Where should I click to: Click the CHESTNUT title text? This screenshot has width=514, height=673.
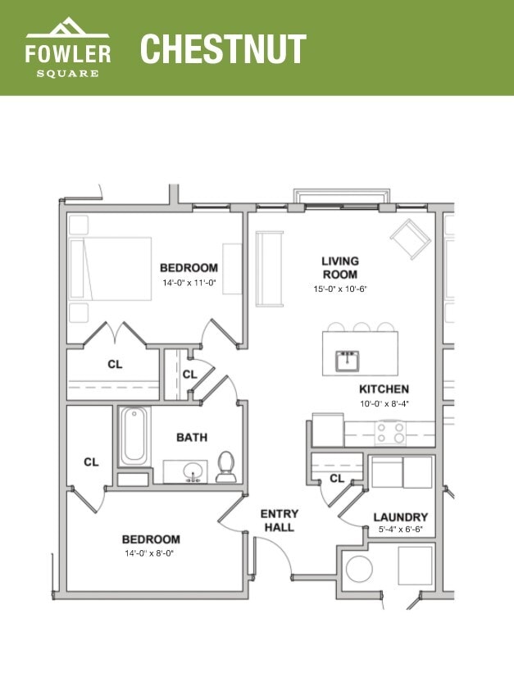coord(223,48)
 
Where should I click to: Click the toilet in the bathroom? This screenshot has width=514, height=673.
coord(226,467)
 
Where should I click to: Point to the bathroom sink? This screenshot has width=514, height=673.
coord(194,472)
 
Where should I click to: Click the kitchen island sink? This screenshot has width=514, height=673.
coord(348,360)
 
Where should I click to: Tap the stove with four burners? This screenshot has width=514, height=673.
coord(390,432)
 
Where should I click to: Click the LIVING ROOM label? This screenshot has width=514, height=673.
coord(339,267)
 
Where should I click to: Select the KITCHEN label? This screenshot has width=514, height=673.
coord(384,389)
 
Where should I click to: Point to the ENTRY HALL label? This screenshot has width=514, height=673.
coord(280,521)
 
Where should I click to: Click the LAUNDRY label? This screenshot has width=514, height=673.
coord(400,517)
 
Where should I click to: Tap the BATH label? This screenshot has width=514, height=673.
coord(192,437)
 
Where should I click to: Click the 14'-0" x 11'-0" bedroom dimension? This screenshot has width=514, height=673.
coord(189,283)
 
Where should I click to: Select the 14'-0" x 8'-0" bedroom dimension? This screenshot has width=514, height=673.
coord(151,553)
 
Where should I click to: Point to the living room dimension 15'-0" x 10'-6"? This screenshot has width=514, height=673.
coord(339,289)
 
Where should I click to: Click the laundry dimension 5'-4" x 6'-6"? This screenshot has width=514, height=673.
coord(400,531)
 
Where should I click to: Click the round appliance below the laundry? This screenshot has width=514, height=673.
coord(359,568)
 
